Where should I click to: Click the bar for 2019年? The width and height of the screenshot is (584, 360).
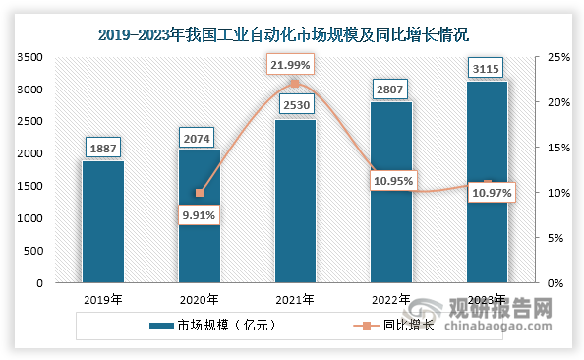click(102, 222)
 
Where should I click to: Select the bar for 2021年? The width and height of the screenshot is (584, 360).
click(295, 202)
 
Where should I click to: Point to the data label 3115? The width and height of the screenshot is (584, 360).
click(488, 67)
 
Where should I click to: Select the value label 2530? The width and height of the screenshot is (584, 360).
click(295, 105)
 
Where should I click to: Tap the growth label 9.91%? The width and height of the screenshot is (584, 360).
click(199, 214)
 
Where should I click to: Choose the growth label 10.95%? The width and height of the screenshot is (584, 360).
click(391, 182)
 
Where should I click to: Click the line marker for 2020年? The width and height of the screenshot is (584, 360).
click(199, 193)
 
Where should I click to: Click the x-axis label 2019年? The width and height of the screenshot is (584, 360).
click(102, 299)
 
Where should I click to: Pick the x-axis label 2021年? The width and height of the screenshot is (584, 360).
click(295, 299)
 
